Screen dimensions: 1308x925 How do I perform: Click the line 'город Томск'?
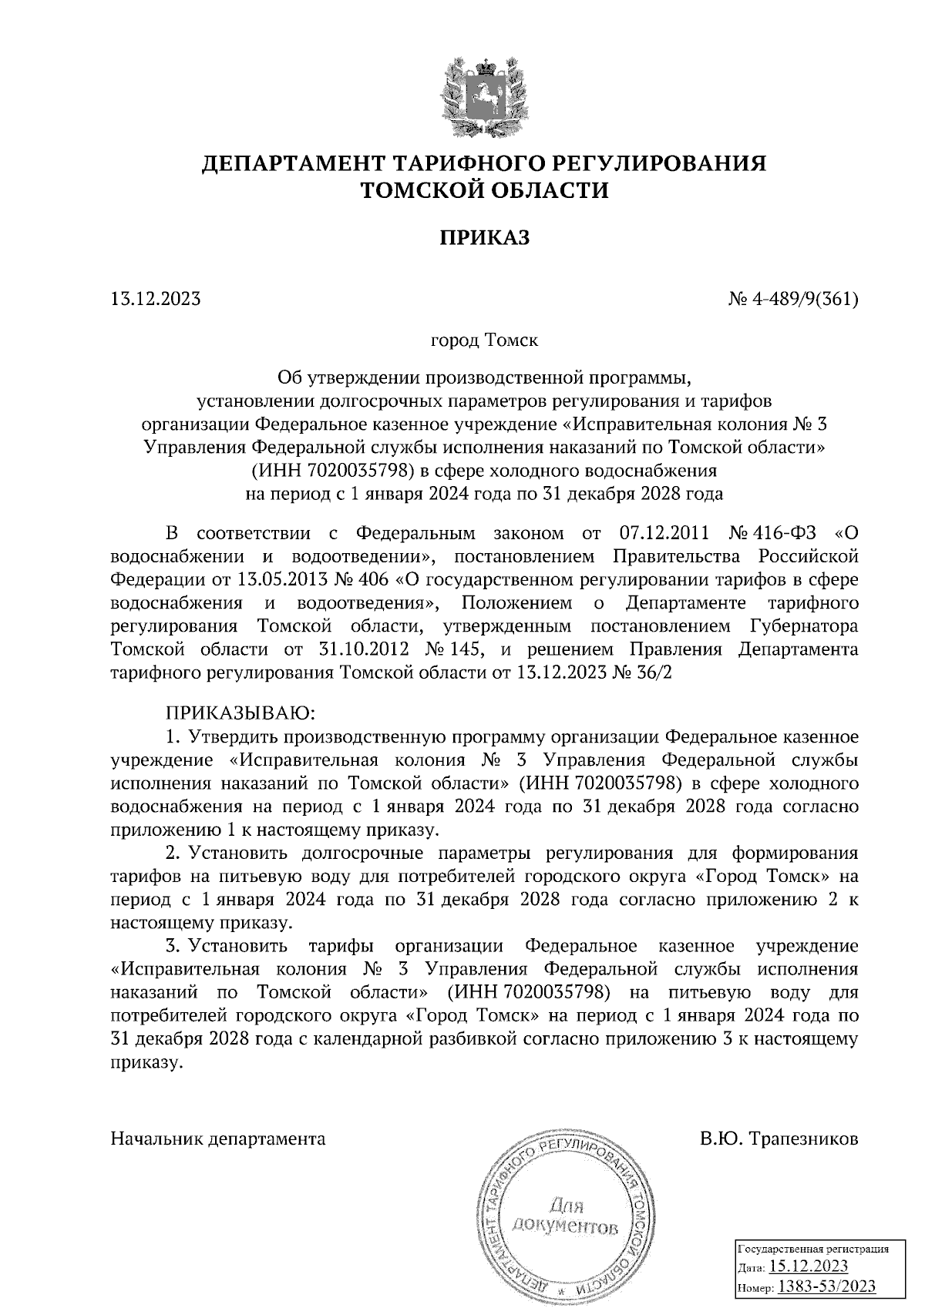click(x=484, y=339)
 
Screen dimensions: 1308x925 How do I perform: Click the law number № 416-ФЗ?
click(x=773, y=533)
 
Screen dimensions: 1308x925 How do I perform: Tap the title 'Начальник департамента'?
click(x=218, y=1139)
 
